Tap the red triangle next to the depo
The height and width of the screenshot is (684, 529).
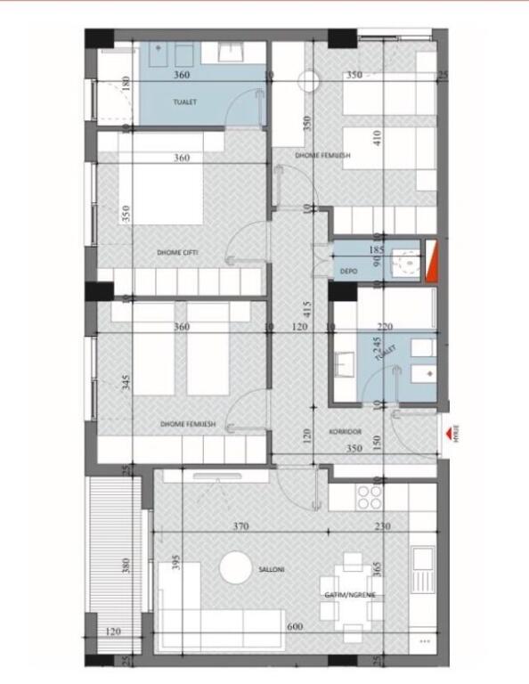[x=432, y=265]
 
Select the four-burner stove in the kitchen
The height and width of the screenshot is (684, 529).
[x=370, y=497]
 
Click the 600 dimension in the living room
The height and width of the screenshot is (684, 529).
[x=295, y=627]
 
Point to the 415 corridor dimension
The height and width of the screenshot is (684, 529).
[x=306, y=310]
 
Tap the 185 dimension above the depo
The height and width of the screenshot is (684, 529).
[x=376, y=250]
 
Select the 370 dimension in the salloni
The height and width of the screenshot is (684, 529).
[x=240, y=526]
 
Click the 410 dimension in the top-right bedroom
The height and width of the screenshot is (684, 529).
[x=377, y=139]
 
